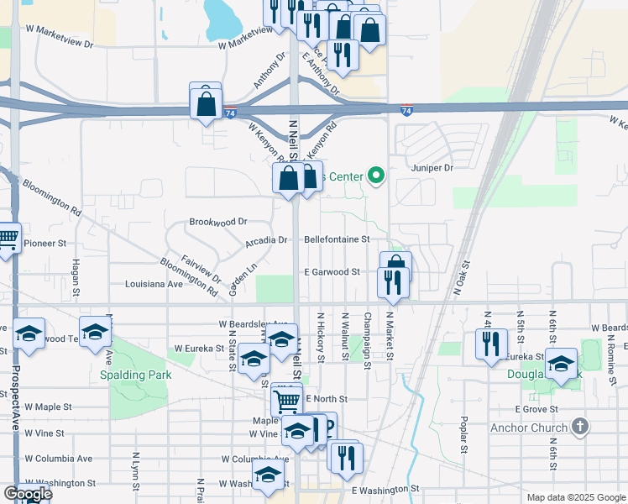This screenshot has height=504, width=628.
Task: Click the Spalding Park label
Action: coord(134,375)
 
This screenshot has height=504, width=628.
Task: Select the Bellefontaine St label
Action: coord(337,239)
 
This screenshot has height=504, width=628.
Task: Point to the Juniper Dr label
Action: coord(432,168)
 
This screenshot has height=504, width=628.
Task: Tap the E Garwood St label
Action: coord(332,272)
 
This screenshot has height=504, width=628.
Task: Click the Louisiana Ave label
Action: coord(154,284)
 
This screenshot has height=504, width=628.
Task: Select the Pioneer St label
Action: coord(44,244)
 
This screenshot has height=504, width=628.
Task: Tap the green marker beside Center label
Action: coord(376,176)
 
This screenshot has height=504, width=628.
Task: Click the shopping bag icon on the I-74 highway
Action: coord(206,104)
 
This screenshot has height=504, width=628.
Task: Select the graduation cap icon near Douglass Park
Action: coord(562,363)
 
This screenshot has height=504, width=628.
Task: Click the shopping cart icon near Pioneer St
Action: coord(6,239)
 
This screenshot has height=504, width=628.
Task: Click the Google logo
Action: coord(27,494)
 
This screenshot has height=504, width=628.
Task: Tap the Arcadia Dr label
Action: coord(266,239)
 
